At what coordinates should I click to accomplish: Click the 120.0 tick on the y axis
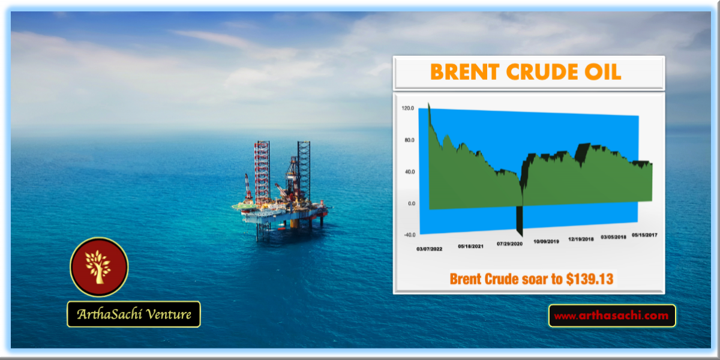(x=407, y=109)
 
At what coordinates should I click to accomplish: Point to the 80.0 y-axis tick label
(x=409, y=140)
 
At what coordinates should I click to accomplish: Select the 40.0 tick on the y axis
(x=410, y=172)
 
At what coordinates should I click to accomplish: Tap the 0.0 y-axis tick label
(x=412, y=203)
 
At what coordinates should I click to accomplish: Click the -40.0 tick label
(x=409, y=235)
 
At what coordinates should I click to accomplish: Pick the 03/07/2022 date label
(x=429, y=249)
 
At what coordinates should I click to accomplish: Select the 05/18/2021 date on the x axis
(x=470, y=246)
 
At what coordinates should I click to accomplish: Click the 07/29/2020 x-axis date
(x=509, y=244)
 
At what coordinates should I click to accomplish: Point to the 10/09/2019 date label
(x=546, y=241)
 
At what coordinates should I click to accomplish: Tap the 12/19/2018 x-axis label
(x=581, y=239)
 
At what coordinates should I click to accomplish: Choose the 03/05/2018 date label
(x=613, y=237)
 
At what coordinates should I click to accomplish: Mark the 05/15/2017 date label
(x=644, y=235)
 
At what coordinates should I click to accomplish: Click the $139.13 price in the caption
(x=590, y=279)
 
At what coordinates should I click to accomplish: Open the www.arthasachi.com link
(x=611, y=316)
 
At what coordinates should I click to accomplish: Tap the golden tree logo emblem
(x=99, y=267)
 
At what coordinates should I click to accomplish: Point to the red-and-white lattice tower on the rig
(x=262, y=172)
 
